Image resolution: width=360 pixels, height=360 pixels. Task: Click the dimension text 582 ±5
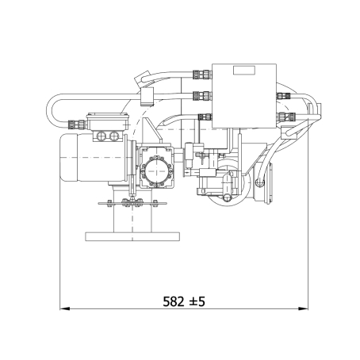tap(184, 301)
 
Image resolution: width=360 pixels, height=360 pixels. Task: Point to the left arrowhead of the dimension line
tap(65, 308)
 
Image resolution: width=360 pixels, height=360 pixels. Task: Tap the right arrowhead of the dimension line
tap(303, 308)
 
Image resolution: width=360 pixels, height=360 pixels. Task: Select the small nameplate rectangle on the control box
tap(244, 70)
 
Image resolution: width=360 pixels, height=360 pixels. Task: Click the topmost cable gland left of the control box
tap(202, 75)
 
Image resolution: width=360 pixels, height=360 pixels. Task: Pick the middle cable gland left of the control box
tap(202, 96)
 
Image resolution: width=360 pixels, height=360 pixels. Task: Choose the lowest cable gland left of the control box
tap(205, 117)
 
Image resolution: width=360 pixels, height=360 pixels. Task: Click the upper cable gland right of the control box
tap(283, 96)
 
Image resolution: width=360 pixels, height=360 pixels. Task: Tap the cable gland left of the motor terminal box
tap(77, 124)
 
